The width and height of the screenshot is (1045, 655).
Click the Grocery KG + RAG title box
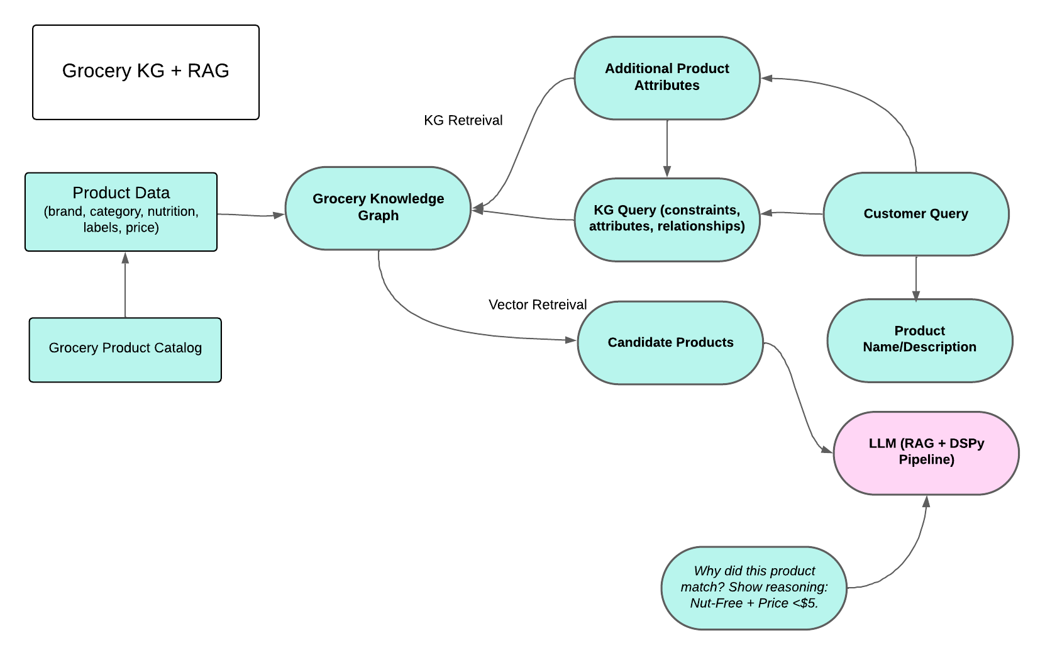145,72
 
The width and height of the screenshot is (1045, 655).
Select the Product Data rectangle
121,211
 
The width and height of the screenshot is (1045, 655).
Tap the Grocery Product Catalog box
125,349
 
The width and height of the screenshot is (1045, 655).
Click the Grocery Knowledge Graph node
378,208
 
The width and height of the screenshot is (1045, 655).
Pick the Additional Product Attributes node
666,77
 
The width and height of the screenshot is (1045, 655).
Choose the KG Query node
666,219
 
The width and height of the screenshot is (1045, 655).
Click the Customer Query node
915,214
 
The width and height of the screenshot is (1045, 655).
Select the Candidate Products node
670,343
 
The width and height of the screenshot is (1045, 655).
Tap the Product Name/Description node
919,340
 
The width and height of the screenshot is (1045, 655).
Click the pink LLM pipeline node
926,452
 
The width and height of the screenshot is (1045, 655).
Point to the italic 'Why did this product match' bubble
753,587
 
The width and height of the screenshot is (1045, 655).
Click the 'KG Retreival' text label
463,121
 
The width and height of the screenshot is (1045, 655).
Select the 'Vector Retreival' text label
537,305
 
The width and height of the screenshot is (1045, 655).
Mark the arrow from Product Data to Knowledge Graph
251,215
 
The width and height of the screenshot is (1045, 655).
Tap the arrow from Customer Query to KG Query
792,213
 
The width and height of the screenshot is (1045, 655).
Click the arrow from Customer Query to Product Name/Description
915,277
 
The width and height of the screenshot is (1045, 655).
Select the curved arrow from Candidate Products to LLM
797,396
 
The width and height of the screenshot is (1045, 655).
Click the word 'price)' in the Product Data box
142,228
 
